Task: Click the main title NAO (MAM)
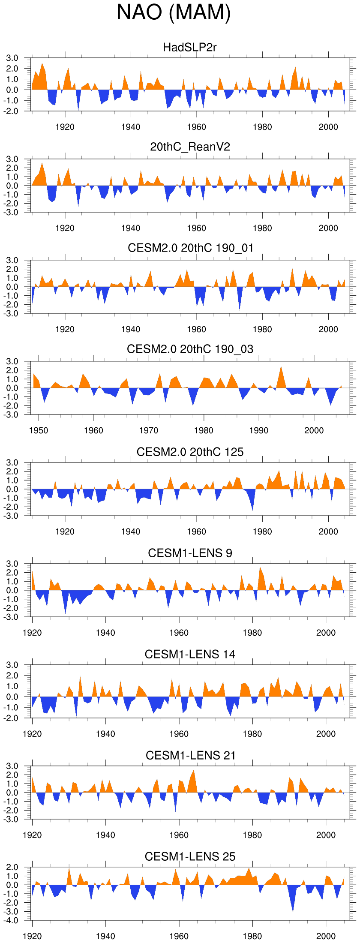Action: coord(174,12)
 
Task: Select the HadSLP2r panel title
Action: coord(190,47)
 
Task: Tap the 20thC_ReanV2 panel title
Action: coord(190,147)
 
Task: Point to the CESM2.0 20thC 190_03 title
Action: coord(190,349)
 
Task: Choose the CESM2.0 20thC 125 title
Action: coord(190,452)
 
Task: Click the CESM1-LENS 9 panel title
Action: coord(190,553)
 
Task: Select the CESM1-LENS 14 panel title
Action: coord(190,655)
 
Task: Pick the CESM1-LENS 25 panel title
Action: coord(190,857)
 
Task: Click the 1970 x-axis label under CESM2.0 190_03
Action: coord(149,430)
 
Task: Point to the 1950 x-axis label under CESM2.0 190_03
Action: coord(39,430)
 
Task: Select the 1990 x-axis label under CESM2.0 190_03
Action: coord(259,430)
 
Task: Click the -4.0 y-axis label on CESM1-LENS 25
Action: coord(12,921)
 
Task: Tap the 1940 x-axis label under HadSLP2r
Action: coord(131,127)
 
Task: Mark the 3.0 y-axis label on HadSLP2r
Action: coord(12,58)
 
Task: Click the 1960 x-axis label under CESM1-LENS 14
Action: coord(179,734)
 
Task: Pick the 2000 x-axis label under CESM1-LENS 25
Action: coord(326,936)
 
